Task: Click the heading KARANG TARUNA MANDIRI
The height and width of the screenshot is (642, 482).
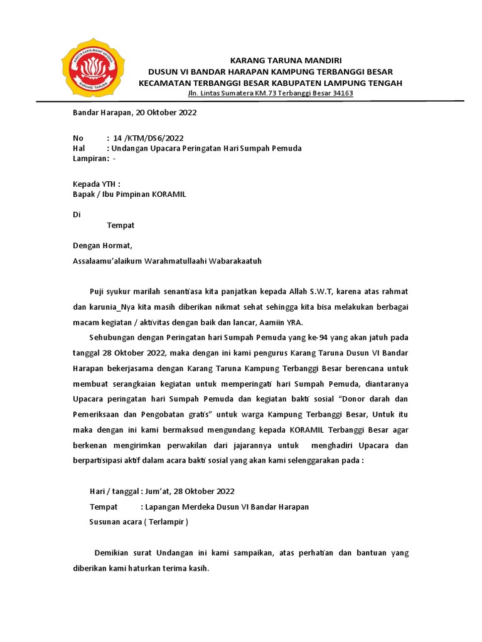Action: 286,61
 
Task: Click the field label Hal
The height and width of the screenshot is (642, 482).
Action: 79,149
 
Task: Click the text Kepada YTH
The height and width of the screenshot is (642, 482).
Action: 96,184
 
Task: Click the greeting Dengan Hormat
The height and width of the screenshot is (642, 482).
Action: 103,246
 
